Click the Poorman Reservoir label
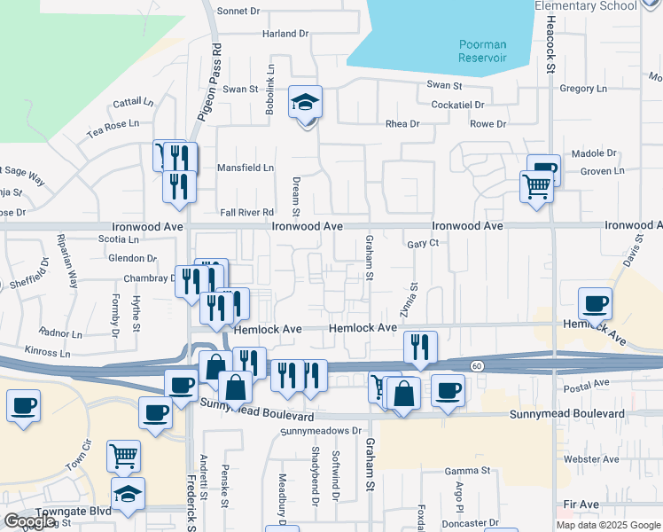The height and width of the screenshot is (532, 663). (482, 51)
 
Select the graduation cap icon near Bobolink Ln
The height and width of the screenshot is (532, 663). (305, 104)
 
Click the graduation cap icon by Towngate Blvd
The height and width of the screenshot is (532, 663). (128, 495)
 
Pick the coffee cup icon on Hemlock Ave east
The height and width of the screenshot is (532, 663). (596, 305)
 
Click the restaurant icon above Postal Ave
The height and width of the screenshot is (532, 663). (419, 348)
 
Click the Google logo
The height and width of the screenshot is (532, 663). (29, 521)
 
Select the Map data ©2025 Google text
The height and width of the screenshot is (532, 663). (607, 525)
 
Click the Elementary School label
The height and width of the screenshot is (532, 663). (586, 6)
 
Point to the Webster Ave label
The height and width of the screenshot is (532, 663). (597, 459)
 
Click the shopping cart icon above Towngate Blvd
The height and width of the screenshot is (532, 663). (123, 456)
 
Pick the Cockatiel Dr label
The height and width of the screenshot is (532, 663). (455, 105)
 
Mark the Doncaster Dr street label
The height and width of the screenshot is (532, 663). (471, 524)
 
